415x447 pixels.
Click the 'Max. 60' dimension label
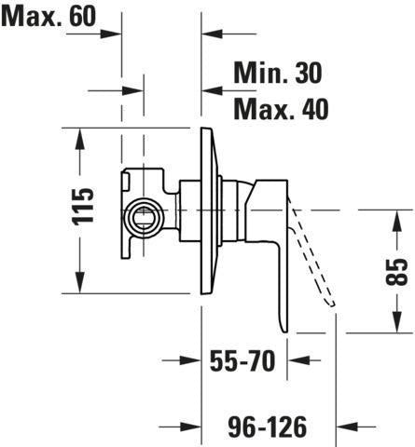[48, 16]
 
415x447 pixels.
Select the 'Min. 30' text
[278, 73]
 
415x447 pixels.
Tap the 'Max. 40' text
[281, 109]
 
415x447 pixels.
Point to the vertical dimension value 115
[83, 206]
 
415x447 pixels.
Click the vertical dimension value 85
[396, 272]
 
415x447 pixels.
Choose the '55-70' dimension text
[242, 360]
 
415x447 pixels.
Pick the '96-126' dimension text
[268, 427]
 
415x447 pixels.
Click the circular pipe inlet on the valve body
[145, 218]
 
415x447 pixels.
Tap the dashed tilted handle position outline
[312, 258]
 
